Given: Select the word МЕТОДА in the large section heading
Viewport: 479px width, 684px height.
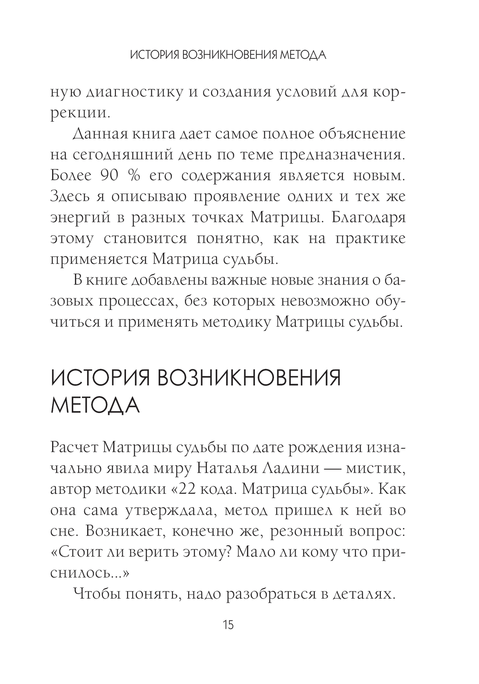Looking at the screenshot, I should [95, 406].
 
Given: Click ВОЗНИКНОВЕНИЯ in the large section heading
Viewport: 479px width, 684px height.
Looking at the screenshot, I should [249, 378].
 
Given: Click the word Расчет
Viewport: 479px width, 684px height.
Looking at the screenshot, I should [73, 447].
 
